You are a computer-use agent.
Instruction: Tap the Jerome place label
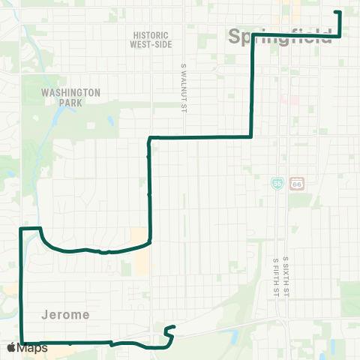point(65,315)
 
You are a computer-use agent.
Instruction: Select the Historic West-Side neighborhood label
point(152,40)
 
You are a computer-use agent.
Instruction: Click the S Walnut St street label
point(182,89)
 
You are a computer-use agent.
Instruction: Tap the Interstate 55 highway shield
point(278,182)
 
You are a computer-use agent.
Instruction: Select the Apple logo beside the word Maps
point(12,348)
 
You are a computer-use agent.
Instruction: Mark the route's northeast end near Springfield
point(336,13)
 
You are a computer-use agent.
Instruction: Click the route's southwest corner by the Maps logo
point(21,343)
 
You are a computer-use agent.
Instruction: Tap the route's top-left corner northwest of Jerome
point(20,228)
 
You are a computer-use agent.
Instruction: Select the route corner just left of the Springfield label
point(251,36)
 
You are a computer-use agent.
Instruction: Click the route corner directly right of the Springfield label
point(341,35)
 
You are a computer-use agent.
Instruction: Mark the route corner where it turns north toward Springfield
point(250,136)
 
